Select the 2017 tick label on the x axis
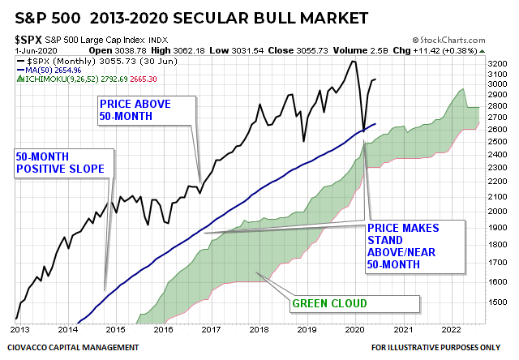click(x=212, y=330)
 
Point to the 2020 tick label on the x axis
click(x=355, y=330)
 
